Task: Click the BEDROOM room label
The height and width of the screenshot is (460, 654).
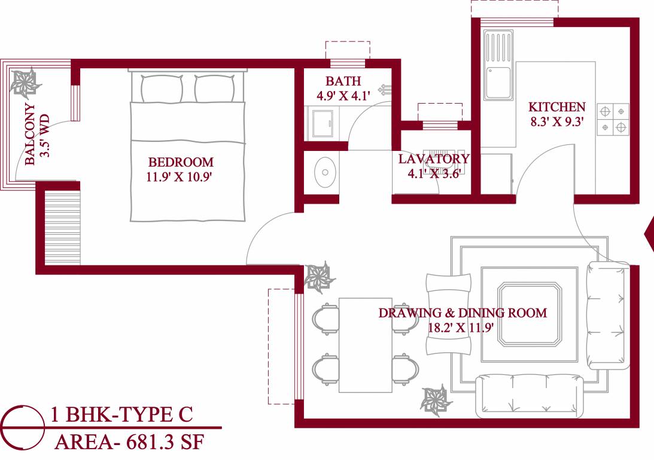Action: coord(181,162)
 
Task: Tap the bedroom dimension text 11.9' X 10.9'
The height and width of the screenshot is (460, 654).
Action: coord(180,177)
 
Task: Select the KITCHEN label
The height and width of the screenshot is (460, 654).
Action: coord(556,107)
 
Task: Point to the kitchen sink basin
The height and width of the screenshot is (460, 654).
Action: coord(497,83)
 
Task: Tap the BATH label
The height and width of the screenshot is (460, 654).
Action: coord(343,81)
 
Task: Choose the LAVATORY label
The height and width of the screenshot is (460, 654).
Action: coord(434,159)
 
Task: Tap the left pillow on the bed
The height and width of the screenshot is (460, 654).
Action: coord(162,89)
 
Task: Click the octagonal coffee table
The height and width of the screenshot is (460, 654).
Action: coord(530,315)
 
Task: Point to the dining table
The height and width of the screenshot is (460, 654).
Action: coord(365,344)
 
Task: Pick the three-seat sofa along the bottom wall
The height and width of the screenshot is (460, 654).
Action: coord(529,395)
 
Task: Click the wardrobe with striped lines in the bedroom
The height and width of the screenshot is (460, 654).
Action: coord(62,228)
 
